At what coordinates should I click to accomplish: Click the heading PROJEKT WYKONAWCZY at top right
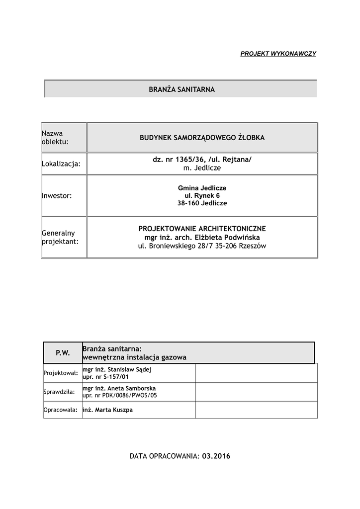pyautogui.click(x=278, y=53)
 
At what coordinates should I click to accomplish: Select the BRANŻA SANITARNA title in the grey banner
pyautogui.click(x=182, y=90)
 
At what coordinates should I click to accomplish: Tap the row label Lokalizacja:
pyautogui.click(x=61, y=164)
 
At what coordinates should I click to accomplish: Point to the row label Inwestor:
pyautogui.click(x=57, y=196)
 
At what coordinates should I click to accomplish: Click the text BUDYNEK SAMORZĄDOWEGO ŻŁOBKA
pyautogui.click(x=202, y=138)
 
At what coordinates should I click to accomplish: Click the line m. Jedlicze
pyautogui.click(x=202, y=169)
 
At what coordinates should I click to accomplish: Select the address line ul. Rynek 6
pyautogui.click(x=202, y=196)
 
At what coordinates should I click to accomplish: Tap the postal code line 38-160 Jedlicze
pyautogui.click(x=202, y=203)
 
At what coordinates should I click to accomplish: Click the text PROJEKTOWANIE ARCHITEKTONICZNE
pyautogui.click(x=202, y=229)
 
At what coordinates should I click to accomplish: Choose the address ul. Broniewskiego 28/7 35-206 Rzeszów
pyautogui.click(x=202, y=246)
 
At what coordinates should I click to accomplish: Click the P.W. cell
pyautogui.click(x=63, y=353)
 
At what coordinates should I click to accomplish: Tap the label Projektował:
pyautogui.click(x=61, y=373)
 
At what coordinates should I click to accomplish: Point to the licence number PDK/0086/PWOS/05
pyautogui.click(x=130, y=396)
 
